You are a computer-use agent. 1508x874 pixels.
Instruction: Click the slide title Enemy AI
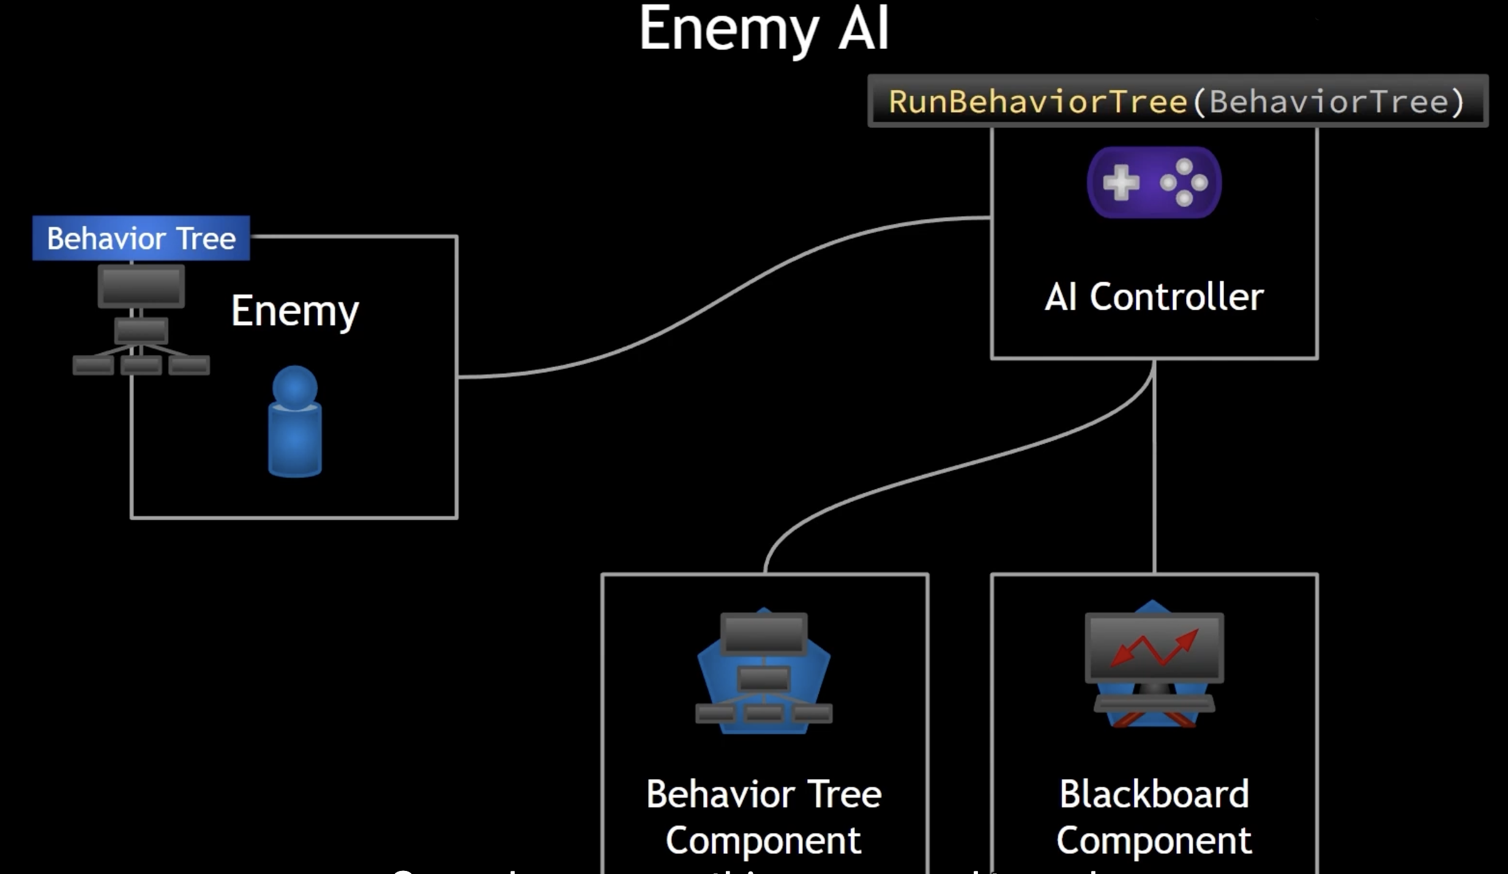[x=764, y=29]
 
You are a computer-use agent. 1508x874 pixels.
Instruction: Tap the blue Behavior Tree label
[x=141, y=238]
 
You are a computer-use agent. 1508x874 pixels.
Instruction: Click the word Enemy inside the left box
[x=294, y=312]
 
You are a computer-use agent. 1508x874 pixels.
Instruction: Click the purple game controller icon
[x=1154, y=182]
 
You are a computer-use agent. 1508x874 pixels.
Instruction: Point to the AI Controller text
[x=1154, y=297]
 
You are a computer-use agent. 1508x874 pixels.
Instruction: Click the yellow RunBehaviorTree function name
[x=1038, y=102]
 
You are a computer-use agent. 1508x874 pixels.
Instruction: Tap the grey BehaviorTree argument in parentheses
[x=1328, y=102]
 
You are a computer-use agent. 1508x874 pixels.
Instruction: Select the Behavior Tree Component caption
[x=764, y=817]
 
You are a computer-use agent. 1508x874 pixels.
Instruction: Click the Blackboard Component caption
[x=1154, y=817]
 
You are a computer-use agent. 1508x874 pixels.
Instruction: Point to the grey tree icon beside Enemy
[x=141, y=321]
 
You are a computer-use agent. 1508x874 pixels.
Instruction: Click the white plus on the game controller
[x=1121, y=182]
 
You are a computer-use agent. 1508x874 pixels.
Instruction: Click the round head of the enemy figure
[x=295, y=387]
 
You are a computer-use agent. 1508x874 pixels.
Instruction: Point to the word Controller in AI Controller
[x=1176, y=297]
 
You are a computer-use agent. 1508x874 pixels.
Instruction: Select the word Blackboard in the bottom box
[x=1154, y=794]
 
